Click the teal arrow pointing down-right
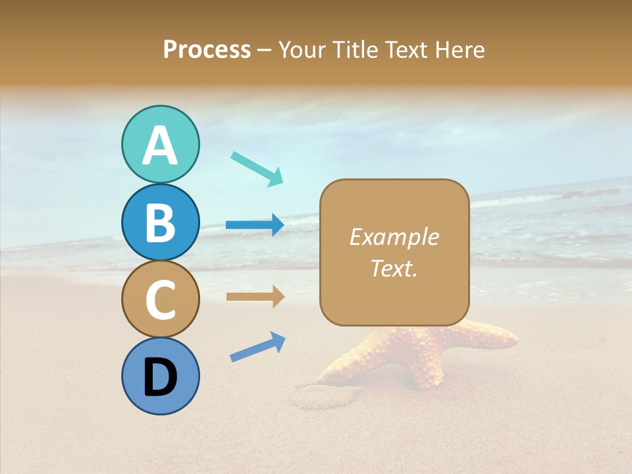click(257, 169)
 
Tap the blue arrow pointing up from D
click(257, 346)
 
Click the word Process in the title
click(207, 49)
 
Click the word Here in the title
click(461, 49)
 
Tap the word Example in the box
click(394, 237)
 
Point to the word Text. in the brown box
click(394, 269)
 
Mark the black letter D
click(161, 378)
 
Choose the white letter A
click(161, 145)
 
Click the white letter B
click(161, 223)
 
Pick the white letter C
click(161, 300)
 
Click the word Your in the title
click(300, 49)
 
